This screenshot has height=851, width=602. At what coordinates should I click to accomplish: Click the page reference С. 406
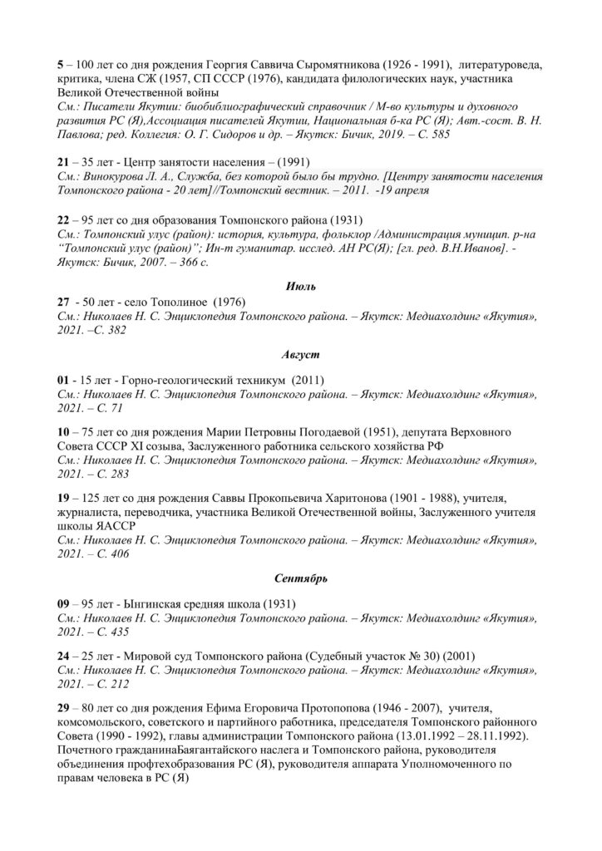(109, 553)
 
